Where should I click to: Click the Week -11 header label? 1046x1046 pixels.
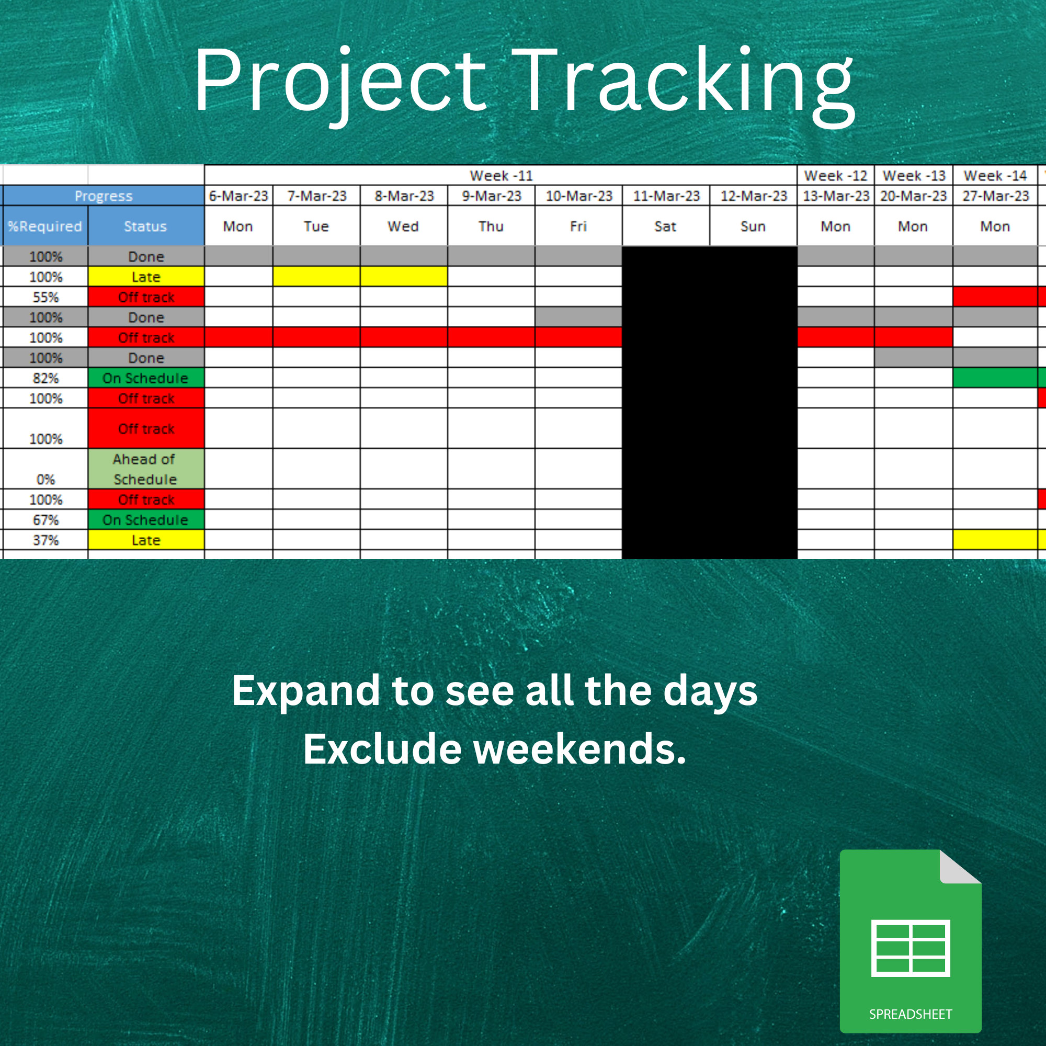[x=501, y=175]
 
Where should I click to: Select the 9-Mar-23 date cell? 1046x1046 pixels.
[x=491, y=196]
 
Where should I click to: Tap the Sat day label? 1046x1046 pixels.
[x=665, y=226]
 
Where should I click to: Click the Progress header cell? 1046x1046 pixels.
[x=104, y=196]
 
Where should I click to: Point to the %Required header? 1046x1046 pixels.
[x=45, y=226]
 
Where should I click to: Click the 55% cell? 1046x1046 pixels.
[x=46, y=297]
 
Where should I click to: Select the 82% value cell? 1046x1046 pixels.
[x=46, y=378]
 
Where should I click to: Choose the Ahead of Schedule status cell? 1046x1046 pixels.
[x=145, y=469]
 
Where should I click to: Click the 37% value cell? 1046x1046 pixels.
[x=46, y=540]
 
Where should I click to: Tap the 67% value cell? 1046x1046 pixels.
[x=46, y=520]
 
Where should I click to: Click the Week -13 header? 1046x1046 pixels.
[x=913, y=175]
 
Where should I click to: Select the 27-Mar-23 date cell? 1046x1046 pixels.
[x=995, y=196]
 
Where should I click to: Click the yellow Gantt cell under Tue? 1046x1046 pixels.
[x=316, y=277]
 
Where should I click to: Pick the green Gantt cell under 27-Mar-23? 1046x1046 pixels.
[x=995, y=378]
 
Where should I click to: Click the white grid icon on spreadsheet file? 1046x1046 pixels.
[x=910, y=948]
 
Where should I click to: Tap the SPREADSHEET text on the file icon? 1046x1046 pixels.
[x=910, y=1014]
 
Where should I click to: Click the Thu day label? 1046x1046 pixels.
[x=491, y=226]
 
